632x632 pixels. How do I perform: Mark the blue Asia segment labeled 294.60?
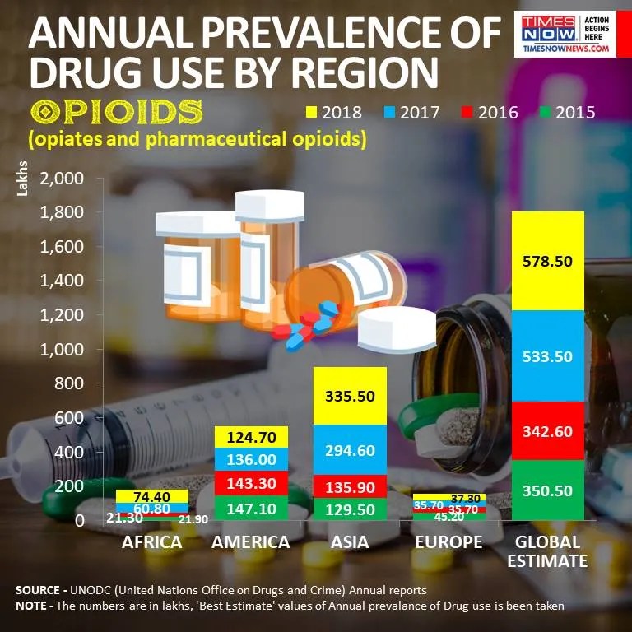click(351, 450)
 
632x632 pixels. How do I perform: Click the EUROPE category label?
click(448, 543)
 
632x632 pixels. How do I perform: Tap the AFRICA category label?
click(151, 543)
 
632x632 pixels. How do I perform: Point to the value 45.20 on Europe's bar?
click(448, 517)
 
